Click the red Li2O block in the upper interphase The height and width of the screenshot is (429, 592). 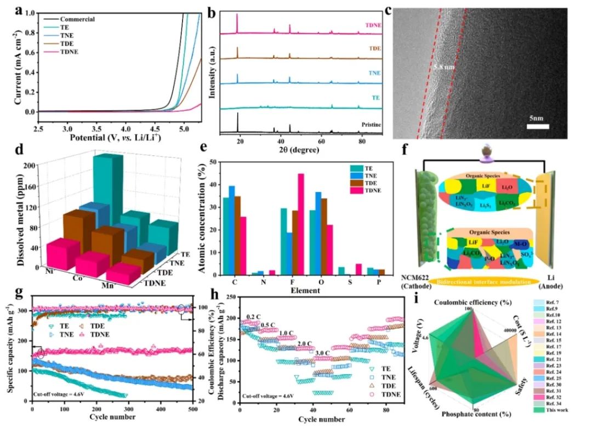(506, 187)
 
